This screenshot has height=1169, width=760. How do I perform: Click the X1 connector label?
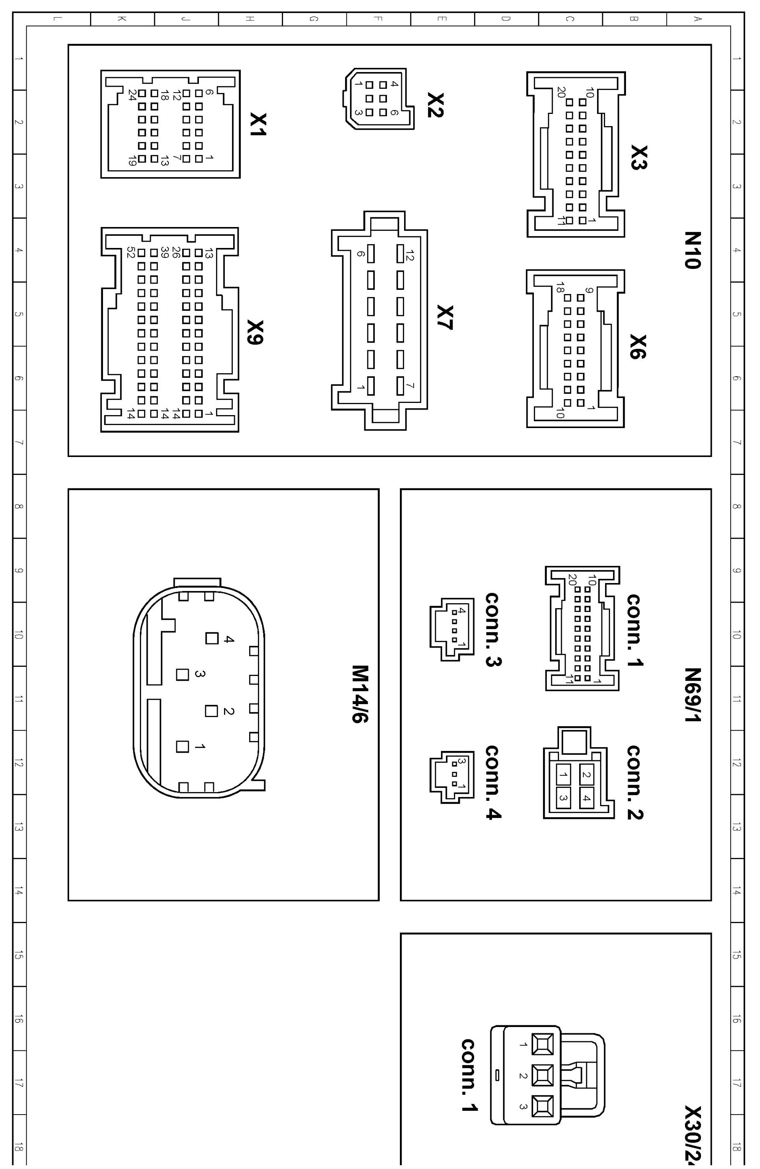(258, 124)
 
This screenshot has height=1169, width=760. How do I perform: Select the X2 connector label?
(435, 105)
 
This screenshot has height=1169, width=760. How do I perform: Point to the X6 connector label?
(638, 347)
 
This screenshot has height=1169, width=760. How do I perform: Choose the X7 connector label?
(445, 317)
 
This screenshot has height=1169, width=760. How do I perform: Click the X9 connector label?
(256, 333)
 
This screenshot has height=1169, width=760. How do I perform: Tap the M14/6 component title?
(361, 694)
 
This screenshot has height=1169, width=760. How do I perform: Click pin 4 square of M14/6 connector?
(211, 638)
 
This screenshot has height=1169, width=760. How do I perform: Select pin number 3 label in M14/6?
(200, 674)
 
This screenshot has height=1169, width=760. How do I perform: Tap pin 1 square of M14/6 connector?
(183, 746)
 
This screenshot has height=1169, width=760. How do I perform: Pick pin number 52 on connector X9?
(131, 253)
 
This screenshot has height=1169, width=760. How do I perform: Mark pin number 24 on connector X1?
(132, 94)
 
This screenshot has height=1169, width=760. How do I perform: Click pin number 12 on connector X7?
(410, 255)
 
